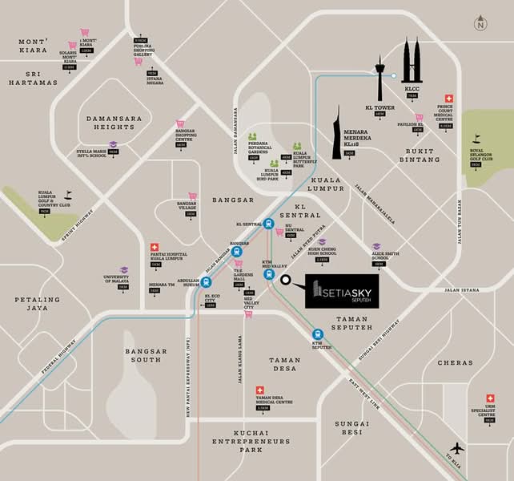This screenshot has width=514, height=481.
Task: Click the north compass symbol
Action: pos(480,23)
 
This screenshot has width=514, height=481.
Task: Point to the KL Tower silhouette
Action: pos(380,78)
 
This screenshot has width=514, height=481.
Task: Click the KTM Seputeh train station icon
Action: pos(318,335)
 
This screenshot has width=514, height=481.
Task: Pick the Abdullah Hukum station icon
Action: pos(207,281)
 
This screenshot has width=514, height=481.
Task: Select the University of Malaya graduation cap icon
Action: pos(124,271)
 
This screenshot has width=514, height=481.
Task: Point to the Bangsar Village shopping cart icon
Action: pos(192,196)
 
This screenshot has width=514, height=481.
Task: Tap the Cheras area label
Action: pos(456,362)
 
